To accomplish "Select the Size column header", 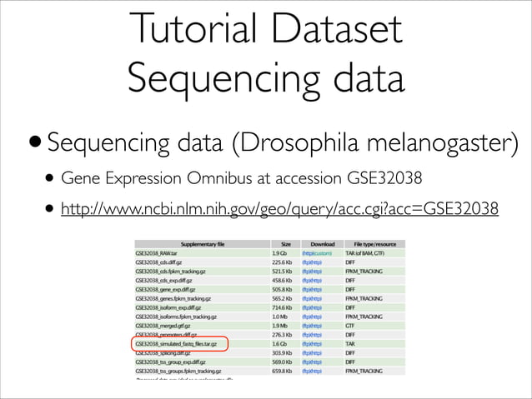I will [x=284, y=243].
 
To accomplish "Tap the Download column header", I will [x=321, y=243].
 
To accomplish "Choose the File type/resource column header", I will [x=374, y=243].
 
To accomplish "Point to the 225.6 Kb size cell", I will [x=282, y=262].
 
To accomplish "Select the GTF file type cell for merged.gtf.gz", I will [x=351, y=325].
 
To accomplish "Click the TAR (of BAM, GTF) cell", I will [x=369, y=252].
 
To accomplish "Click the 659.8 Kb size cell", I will [x=282, y=371].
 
